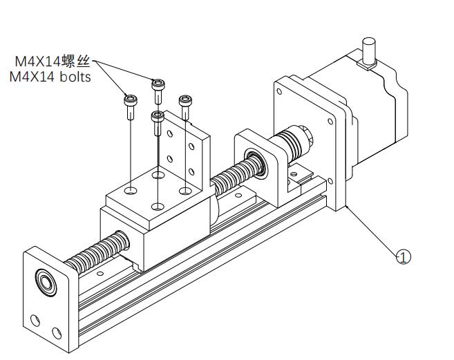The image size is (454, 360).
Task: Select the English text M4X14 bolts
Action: pos(50,77)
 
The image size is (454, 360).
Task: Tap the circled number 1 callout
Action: pos(404,257)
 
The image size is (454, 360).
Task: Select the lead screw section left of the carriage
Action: pos(97,253)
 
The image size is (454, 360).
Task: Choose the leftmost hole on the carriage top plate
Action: pos(131,187)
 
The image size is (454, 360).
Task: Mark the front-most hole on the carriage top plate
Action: pos(158,206)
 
